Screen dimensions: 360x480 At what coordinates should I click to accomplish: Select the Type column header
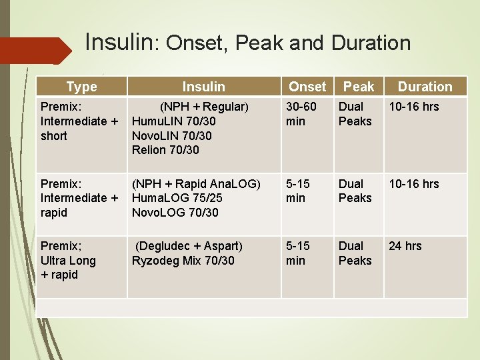pyautogui.click(x=81, y=87)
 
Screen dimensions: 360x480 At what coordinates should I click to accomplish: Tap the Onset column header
pyautogui.click(x=307, y=87)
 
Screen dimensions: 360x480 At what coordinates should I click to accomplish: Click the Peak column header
pyautogui.click(x=359, y=87)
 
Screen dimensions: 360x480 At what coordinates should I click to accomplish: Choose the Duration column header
pyautogui.click(x=425, y=87)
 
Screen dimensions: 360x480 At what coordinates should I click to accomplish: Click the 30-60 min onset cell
pyautogui.click(x=301, y=114)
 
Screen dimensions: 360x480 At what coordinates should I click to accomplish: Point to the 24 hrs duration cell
pyautogui.click(x=405, y=246)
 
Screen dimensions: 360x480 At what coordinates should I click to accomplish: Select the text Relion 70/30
pyautogui.click(x=165, y=150)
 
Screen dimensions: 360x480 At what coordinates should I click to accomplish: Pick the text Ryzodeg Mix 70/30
pyautogui.click(x=183, y=261)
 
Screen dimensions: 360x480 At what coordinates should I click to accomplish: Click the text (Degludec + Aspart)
pyautogui.click(x=189, y=246)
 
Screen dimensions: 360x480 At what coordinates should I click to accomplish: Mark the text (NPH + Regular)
pyautogui.click(x=203, y=107)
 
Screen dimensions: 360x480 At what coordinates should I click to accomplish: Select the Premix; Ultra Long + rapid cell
pyautogui.click(x=68, y=260)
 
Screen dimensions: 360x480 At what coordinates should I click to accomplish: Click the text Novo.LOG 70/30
pyautogui.click(x=175, y=213)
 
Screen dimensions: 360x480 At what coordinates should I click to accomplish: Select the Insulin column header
pyautogui.click(x=204, y=87)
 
